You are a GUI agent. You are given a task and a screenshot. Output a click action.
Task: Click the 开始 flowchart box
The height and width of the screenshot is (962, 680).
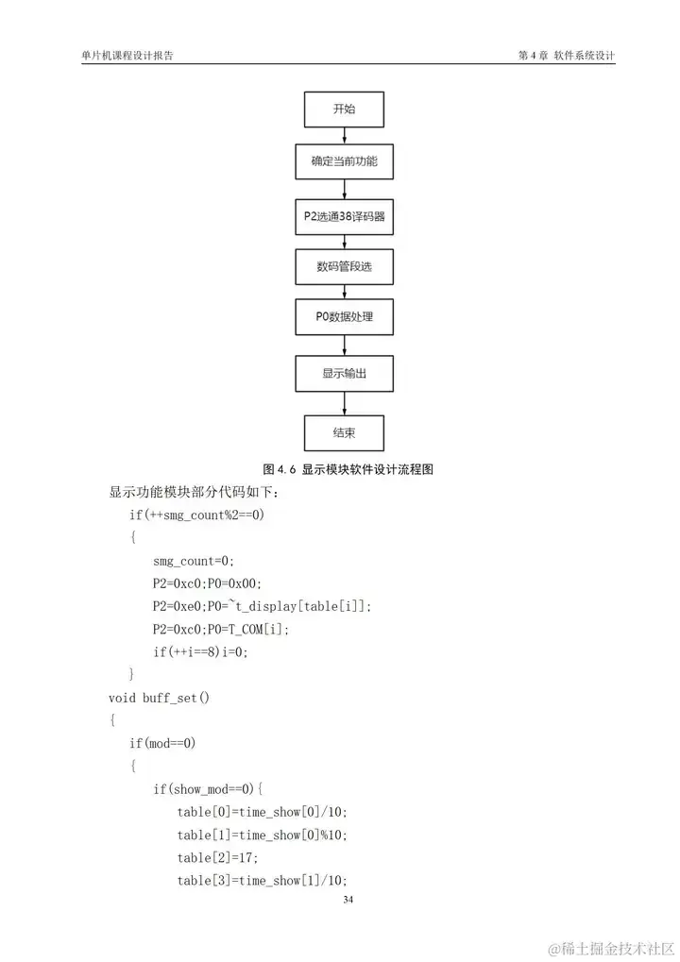pos(344,110)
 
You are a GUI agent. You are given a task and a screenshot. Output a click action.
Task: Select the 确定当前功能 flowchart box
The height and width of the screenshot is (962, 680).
pos(344,161)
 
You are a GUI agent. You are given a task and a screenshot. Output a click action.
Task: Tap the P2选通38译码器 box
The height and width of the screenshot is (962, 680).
pos(344,216)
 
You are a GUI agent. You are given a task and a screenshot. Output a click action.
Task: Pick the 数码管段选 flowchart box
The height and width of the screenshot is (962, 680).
pos(344,266)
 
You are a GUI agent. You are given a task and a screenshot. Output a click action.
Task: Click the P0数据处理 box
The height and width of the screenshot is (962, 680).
pos(344,317)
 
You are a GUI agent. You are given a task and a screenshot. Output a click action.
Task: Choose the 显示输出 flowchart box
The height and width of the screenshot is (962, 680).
pos(344,374)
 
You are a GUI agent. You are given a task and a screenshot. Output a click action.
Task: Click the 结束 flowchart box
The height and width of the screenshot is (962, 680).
pos(344,432)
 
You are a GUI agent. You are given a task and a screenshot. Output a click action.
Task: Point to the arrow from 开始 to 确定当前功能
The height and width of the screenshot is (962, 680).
pos(344,135)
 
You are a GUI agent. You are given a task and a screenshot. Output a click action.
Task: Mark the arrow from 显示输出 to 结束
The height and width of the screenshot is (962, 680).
pos(344,403)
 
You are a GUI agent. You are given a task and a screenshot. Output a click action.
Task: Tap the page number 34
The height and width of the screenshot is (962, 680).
pos(348,900)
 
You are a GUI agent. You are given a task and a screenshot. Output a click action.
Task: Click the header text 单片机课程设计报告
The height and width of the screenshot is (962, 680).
pos(127,56)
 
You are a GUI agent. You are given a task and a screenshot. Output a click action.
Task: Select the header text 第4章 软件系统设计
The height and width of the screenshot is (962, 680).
pos(567,56)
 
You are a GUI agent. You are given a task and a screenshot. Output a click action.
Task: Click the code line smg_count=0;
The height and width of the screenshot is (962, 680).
pos(193,561)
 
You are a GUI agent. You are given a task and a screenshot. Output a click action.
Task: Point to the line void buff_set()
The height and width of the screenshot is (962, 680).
pos(159,698)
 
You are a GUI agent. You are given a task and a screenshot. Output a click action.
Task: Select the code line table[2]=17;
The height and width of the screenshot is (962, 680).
pos(217,857)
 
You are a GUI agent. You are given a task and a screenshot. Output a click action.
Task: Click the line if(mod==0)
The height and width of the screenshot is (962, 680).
pos(162,743)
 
